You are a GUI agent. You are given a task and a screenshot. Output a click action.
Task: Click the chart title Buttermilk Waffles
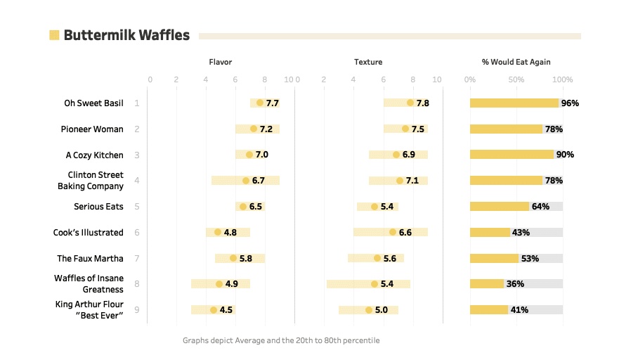click(126, 35)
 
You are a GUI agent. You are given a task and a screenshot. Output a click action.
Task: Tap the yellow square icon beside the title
click(54, 35)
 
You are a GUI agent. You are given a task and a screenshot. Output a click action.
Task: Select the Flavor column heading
click(220, 62)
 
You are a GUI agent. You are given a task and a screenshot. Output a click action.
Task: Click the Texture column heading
click(368, 62)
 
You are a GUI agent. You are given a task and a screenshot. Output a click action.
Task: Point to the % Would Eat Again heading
click(516, 62)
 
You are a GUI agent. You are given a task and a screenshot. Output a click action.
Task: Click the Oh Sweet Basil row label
click(93, 103)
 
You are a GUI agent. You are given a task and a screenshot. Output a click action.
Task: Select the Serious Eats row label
click(98, 207)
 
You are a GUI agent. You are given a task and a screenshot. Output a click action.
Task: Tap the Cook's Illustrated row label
click(88, 233)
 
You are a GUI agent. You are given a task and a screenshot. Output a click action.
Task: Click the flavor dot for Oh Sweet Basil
click(260, 103)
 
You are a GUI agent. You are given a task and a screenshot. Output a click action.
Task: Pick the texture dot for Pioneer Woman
click(405, 129)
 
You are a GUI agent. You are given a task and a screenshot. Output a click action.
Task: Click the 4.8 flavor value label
click(230, 233)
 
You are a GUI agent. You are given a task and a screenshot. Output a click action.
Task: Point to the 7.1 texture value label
click(412, 181)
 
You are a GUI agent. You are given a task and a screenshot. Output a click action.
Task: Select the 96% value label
click(570, 103)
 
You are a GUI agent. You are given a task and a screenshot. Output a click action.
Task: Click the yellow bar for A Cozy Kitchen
click(512, 155)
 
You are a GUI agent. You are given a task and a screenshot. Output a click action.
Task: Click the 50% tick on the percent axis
click(516, 79)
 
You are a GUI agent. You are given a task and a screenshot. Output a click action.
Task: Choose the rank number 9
click(137, 310)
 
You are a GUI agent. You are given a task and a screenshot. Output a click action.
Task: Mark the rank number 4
click(137, 181)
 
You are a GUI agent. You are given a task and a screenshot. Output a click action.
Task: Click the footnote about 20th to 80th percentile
click(281, 340)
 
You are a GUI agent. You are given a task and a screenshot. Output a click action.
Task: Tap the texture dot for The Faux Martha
click(377, 258)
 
